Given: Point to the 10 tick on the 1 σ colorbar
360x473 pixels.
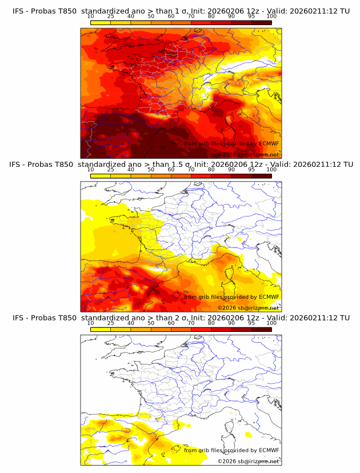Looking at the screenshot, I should [x=91, y=17].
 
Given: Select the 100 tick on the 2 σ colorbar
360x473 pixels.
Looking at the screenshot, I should [x=271, y=323].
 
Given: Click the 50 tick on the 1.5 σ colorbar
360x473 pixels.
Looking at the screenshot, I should [x=151, y=170].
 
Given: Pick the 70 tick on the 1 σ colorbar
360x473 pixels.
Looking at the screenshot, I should [x=191, y=17].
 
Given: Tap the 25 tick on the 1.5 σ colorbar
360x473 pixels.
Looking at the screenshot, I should [x=111, y=170].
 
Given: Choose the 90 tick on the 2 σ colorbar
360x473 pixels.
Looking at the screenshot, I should [x=231, y=323].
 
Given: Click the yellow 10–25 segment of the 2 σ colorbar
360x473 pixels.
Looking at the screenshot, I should [x=101, y=330].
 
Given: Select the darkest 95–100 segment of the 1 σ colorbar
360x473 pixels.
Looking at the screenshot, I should [x=261, y=23].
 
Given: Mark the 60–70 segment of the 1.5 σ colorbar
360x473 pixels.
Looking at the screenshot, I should [x=181, y=176].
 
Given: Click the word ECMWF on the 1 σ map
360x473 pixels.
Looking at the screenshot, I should [x=269, y=143].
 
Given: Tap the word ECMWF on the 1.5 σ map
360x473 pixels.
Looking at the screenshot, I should [x=269, y=296].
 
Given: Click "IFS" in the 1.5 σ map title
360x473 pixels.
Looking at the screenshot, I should [x=18, y=165].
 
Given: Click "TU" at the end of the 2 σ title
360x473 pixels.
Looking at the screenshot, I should [x=344, y=318].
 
